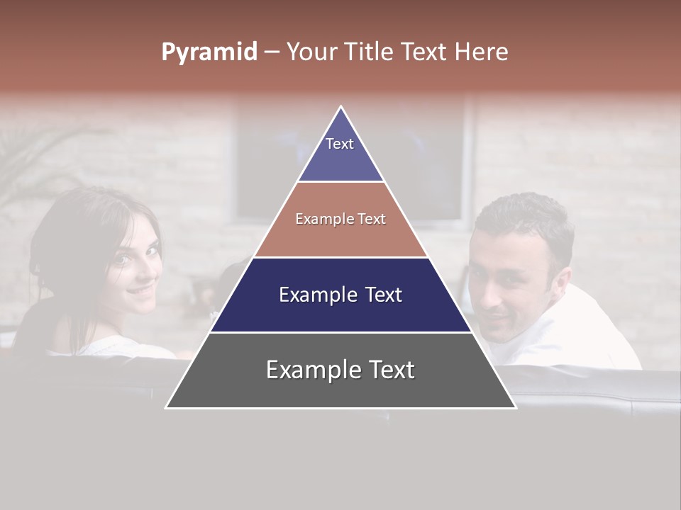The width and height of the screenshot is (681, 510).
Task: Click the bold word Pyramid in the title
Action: click(x=209, y=52)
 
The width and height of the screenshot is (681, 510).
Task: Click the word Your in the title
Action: click(x=311, y=52)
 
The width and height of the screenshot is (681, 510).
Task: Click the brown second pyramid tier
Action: click(x=340, y=220)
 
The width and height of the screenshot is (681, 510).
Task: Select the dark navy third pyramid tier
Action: click(x=340, y=295)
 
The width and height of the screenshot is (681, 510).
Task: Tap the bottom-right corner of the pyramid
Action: click(x=515, y=407)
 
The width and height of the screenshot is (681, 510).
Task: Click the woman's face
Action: click(x=135, y=266)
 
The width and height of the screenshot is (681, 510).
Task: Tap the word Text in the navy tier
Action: click(x=378, y=295)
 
